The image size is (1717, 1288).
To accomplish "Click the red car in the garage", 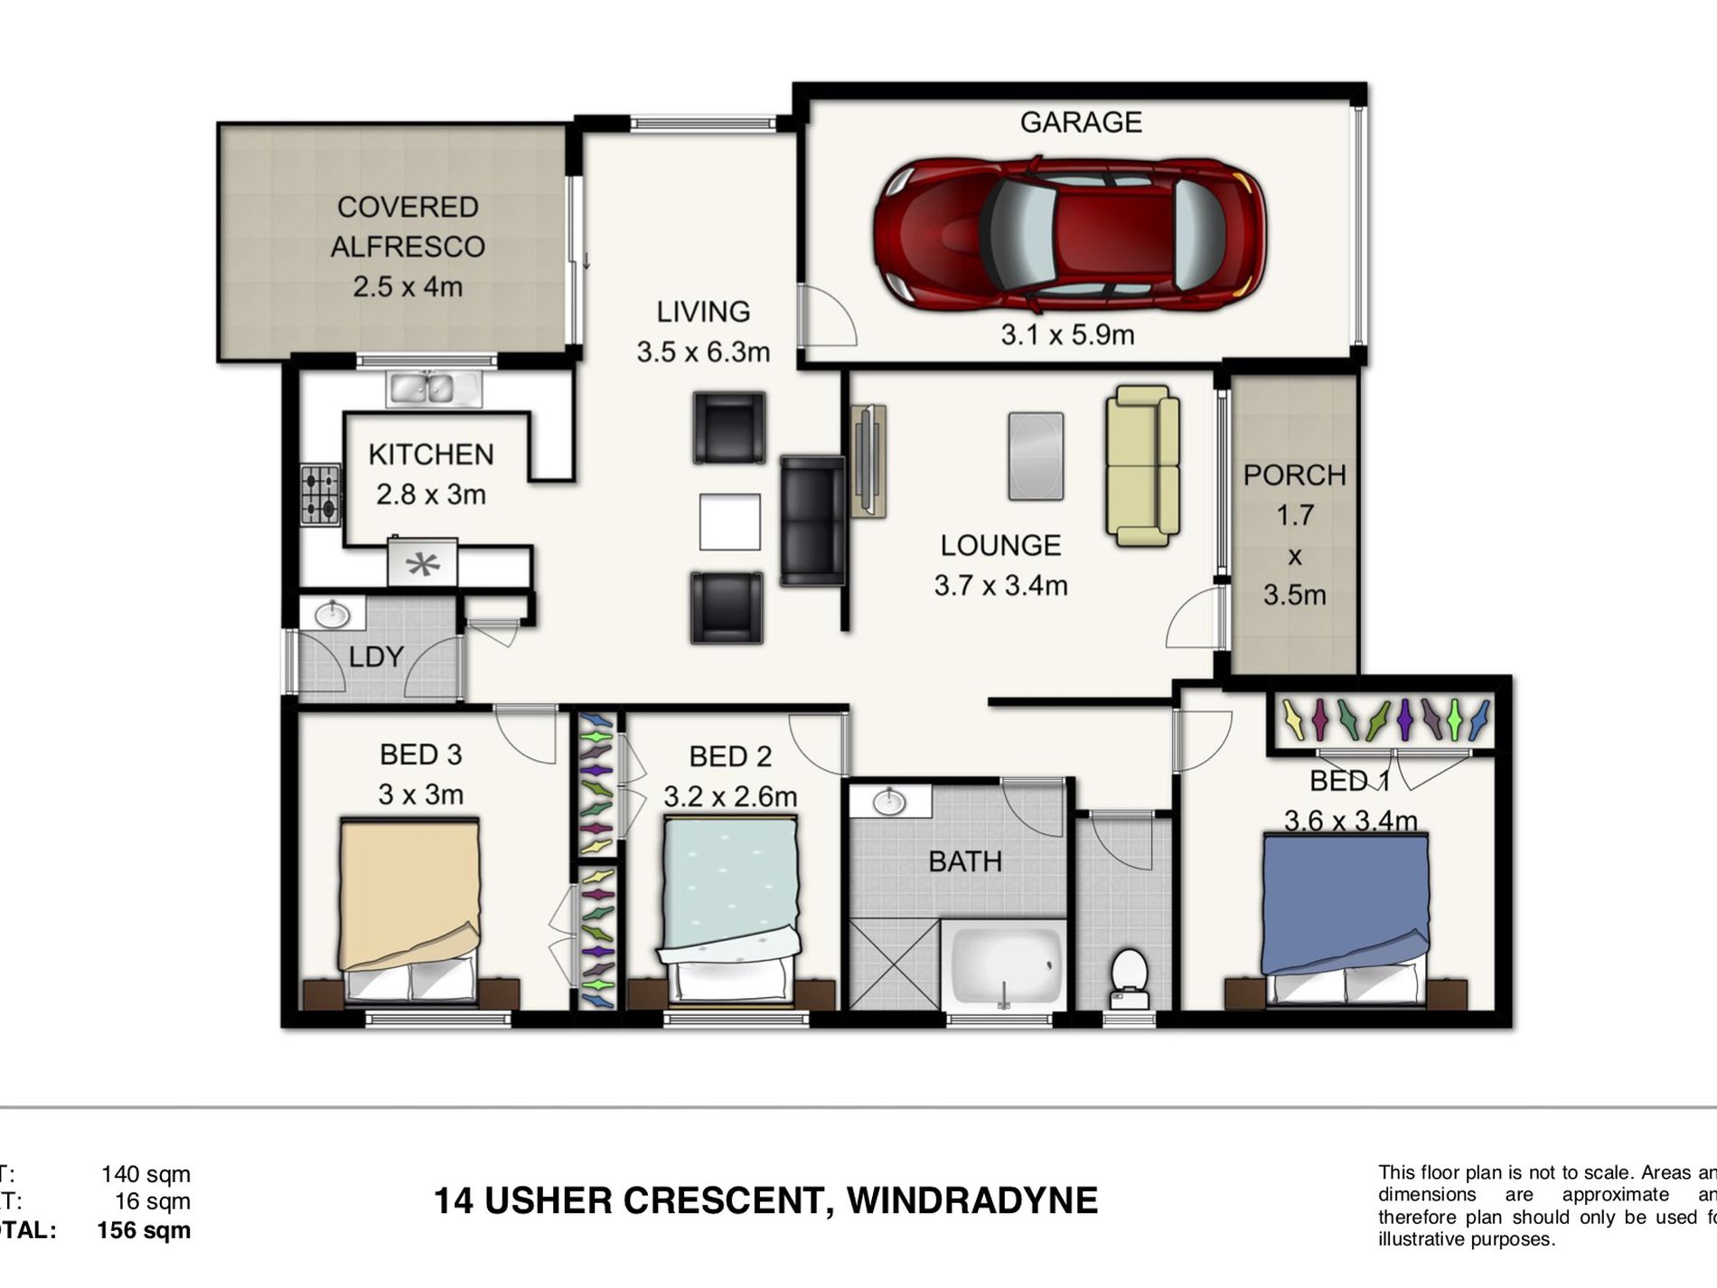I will (x=1069, y=233).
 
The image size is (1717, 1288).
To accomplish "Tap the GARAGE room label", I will (x=1081, y=122).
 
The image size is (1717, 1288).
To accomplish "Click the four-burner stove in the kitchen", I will (x=321, y=495).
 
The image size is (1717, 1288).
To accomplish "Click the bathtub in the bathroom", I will (x=1003, y=965).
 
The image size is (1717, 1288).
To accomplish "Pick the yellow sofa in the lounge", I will (x=1142, y=465).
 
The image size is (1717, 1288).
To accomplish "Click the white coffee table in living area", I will (x=729, y=521).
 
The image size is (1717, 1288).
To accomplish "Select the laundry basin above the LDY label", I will (x=333, y=615).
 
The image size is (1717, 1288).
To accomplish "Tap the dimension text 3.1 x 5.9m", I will (x=1067, y=334).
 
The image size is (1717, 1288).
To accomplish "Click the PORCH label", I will (x=1294, y=475).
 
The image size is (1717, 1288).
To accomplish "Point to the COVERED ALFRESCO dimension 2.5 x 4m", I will (x=408, y=287).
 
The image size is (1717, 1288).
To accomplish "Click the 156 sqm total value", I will (x=144, y=1230).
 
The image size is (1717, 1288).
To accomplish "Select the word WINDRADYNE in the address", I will (x=971, y=1200).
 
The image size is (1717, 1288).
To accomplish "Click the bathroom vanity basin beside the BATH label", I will (x=890, y=801).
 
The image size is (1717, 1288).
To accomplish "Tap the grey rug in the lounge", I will (x=1036, y=456).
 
